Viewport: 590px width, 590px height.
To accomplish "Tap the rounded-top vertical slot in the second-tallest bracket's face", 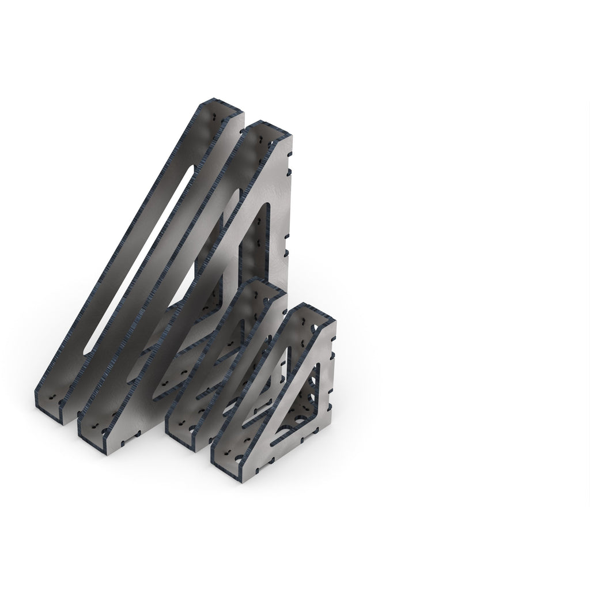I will [x=264, y=242].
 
